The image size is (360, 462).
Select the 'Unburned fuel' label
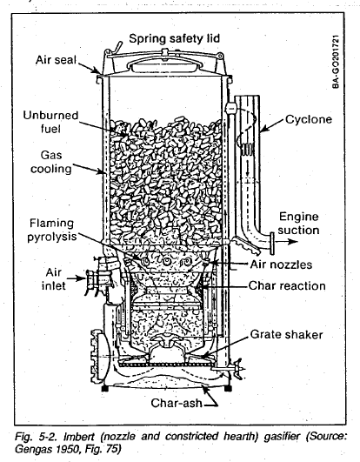coord(58,118)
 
